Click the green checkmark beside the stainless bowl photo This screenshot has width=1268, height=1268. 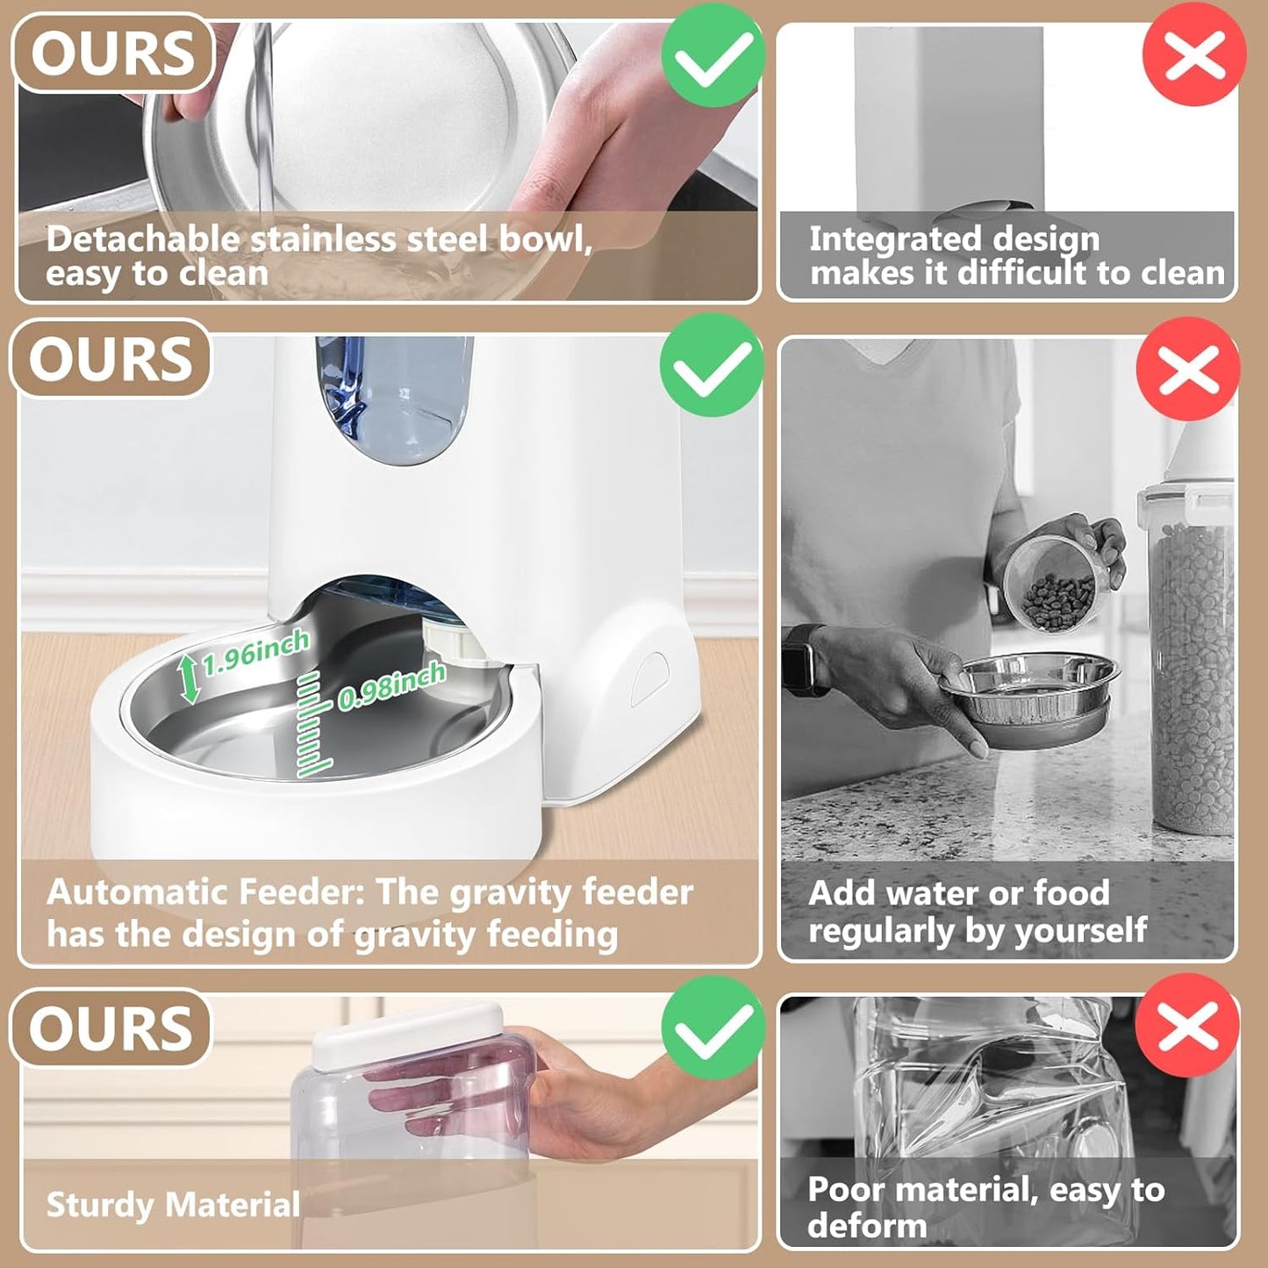(x=713, y=54)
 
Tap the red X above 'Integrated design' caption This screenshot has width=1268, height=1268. (x=1193, y=54)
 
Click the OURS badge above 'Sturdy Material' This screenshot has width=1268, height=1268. (x=111, y=1028)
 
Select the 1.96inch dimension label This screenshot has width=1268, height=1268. (x=255, y=652)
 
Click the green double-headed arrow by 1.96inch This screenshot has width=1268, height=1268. (x=189, y=679)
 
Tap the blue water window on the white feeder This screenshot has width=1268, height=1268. (x=395, y=399)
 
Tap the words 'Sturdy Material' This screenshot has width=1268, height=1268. (x=173, y=1204)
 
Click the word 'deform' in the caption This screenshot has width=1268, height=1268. (x=867, y=1225)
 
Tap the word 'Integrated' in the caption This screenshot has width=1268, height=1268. (x=885, y=239)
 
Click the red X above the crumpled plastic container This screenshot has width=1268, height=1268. (x=1186, y=1025)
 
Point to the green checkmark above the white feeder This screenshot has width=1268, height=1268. (x=712, y=366)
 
